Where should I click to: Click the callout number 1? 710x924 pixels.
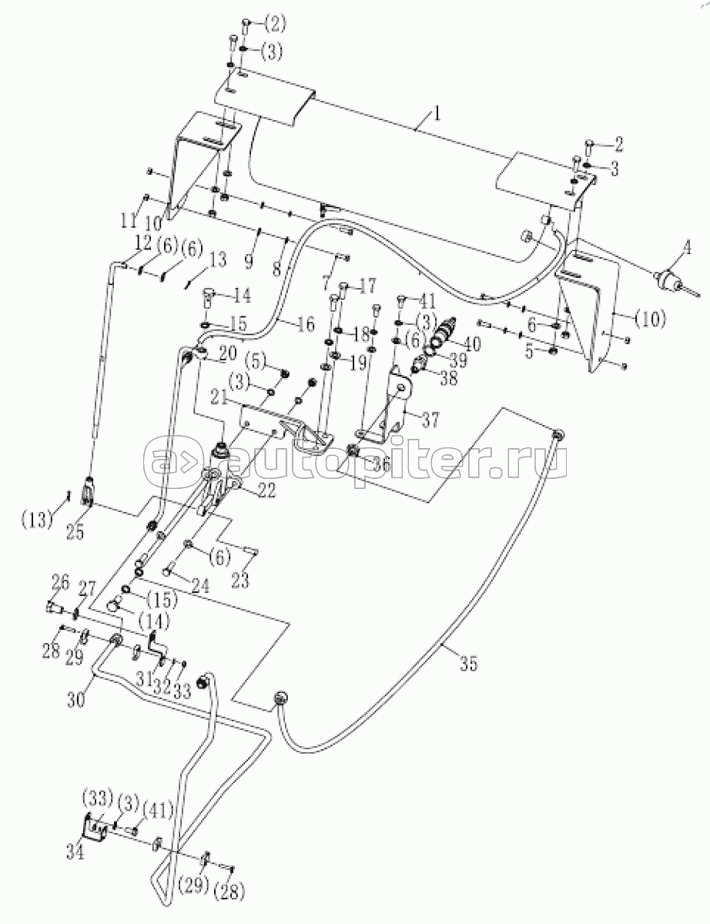[437, 114]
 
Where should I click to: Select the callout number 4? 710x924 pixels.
[686, 247]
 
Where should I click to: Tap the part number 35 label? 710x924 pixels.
[468, 663]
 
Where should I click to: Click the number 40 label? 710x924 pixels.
[471, 343]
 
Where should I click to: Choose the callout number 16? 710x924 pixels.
[304, 324]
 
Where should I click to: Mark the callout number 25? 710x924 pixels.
[75, 533]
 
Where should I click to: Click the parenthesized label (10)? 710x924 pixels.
[651, 318]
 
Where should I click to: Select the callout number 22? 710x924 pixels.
[266, 490]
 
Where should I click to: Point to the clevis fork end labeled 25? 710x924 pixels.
[88, 491]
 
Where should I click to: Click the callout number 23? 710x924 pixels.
[240, 581]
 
